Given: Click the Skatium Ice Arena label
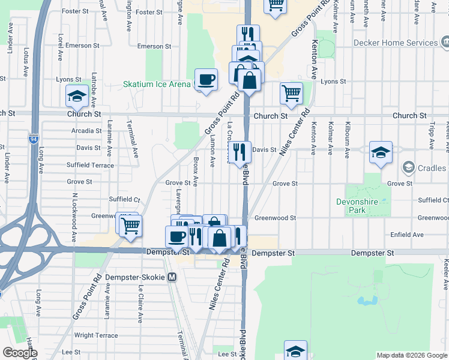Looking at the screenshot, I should click(157, 85).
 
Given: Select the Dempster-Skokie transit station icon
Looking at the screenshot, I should click(172, 277).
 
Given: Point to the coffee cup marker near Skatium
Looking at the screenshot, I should click(206, 80).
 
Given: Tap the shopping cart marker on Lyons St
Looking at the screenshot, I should click(291, 93).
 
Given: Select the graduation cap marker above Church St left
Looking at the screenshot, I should click(77, 97).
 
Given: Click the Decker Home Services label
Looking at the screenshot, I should click(396, 43).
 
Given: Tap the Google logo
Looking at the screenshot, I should click(19, 353).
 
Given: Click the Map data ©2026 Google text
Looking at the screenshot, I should click(411, 355).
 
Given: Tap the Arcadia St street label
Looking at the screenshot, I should click(86, 130).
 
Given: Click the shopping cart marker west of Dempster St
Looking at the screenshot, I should click(130, 226).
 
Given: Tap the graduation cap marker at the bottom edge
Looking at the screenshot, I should click(295, 351).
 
